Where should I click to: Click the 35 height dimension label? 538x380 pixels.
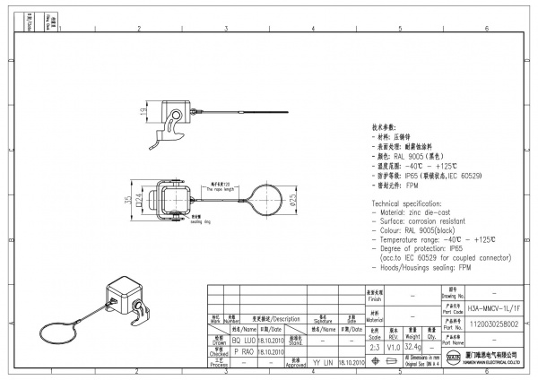(127, 200)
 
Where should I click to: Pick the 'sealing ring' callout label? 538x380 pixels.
(200, 221)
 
